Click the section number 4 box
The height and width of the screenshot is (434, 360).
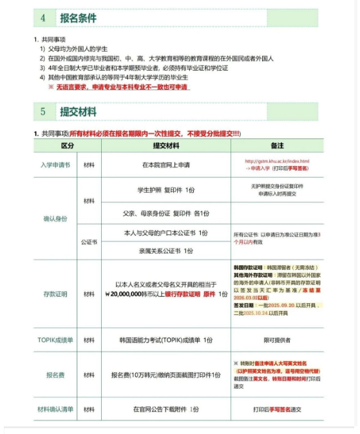[43, 18]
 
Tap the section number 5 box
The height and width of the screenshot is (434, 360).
[43, 111]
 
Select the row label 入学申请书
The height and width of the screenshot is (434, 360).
[55, 165]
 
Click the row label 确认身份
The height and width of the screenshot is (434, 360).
[55, 219]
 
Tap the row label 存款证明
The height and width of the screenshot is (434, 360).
[55, 294]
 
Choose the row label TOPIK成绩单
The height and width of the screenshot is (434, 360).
[55, 339]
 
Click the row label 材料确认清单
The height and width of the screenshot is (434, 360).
[55, 409]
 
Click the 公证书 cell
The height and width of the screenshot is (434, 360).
[89, 243]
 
